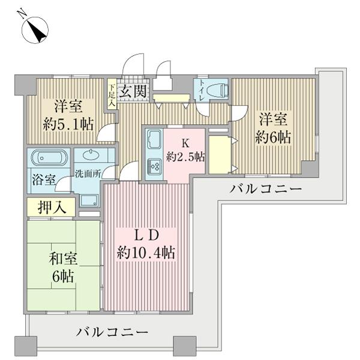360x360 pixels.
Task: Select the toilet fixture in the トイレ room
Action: click(216, 89)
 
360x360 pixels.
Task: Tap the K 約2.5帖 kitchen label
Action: click(185, 150)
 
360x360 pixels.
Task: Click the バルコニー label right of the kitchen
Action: click(265, 190)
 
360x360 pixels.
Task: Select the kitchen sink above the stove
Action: click(152, 140)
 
